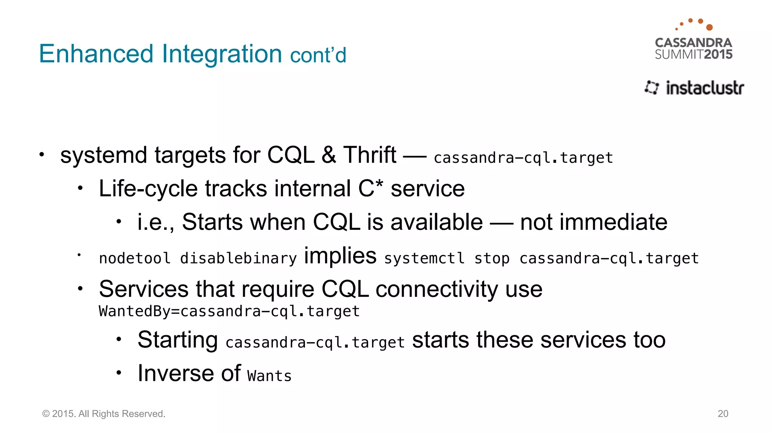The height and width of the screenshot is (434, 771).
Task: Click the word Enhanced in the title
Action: pyautogui.click(x=96, y=54)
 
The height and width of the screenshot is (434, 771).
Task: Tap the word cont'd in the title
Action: pyautogui.click(x=318, y=55)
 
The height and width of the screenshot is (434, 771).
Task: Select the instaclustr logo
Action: pyautogui.click(x=695, y=88)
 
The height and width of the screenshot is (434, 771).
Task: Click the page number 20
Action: pyautogui.click(x=723, y=414)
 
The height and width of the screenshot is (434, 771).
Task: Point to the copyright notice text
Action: pyautogui.click(x=104, y=414)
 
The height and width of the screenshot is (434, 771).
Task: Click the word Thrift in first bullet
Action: pyautogui.click(x=370, y=155)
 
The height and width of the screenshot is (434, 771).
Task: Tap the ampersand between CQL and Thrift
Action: pyautogui.click(x=329, y=155)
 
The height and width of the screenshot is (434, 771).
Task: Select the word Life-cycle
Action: pyautogui.click(x=148, y=188)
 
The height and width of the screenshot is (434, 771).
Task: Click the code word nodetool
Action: pyautogui.click(x=135, y=258)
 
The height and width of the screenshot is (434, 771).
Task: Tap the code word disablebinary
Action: pyautogui.click(x=238, y=258)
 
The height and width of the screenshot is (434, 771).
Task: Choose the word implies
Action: pyautogui.click(x=340, y=256)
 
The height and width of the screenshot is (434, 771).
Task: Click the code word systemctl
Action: pyautogui.click(x=424, y=258)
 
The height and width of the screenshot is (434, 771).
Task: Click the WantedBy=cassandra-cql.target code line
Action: pyautogui.click(x=229, y=311)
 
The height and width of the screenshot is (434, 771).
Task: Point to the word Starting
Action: pyautogui.click(x=177, y=340)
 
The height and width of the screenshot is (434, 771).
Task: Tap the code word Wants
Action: pyautogui.click(x=269, y=376)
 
